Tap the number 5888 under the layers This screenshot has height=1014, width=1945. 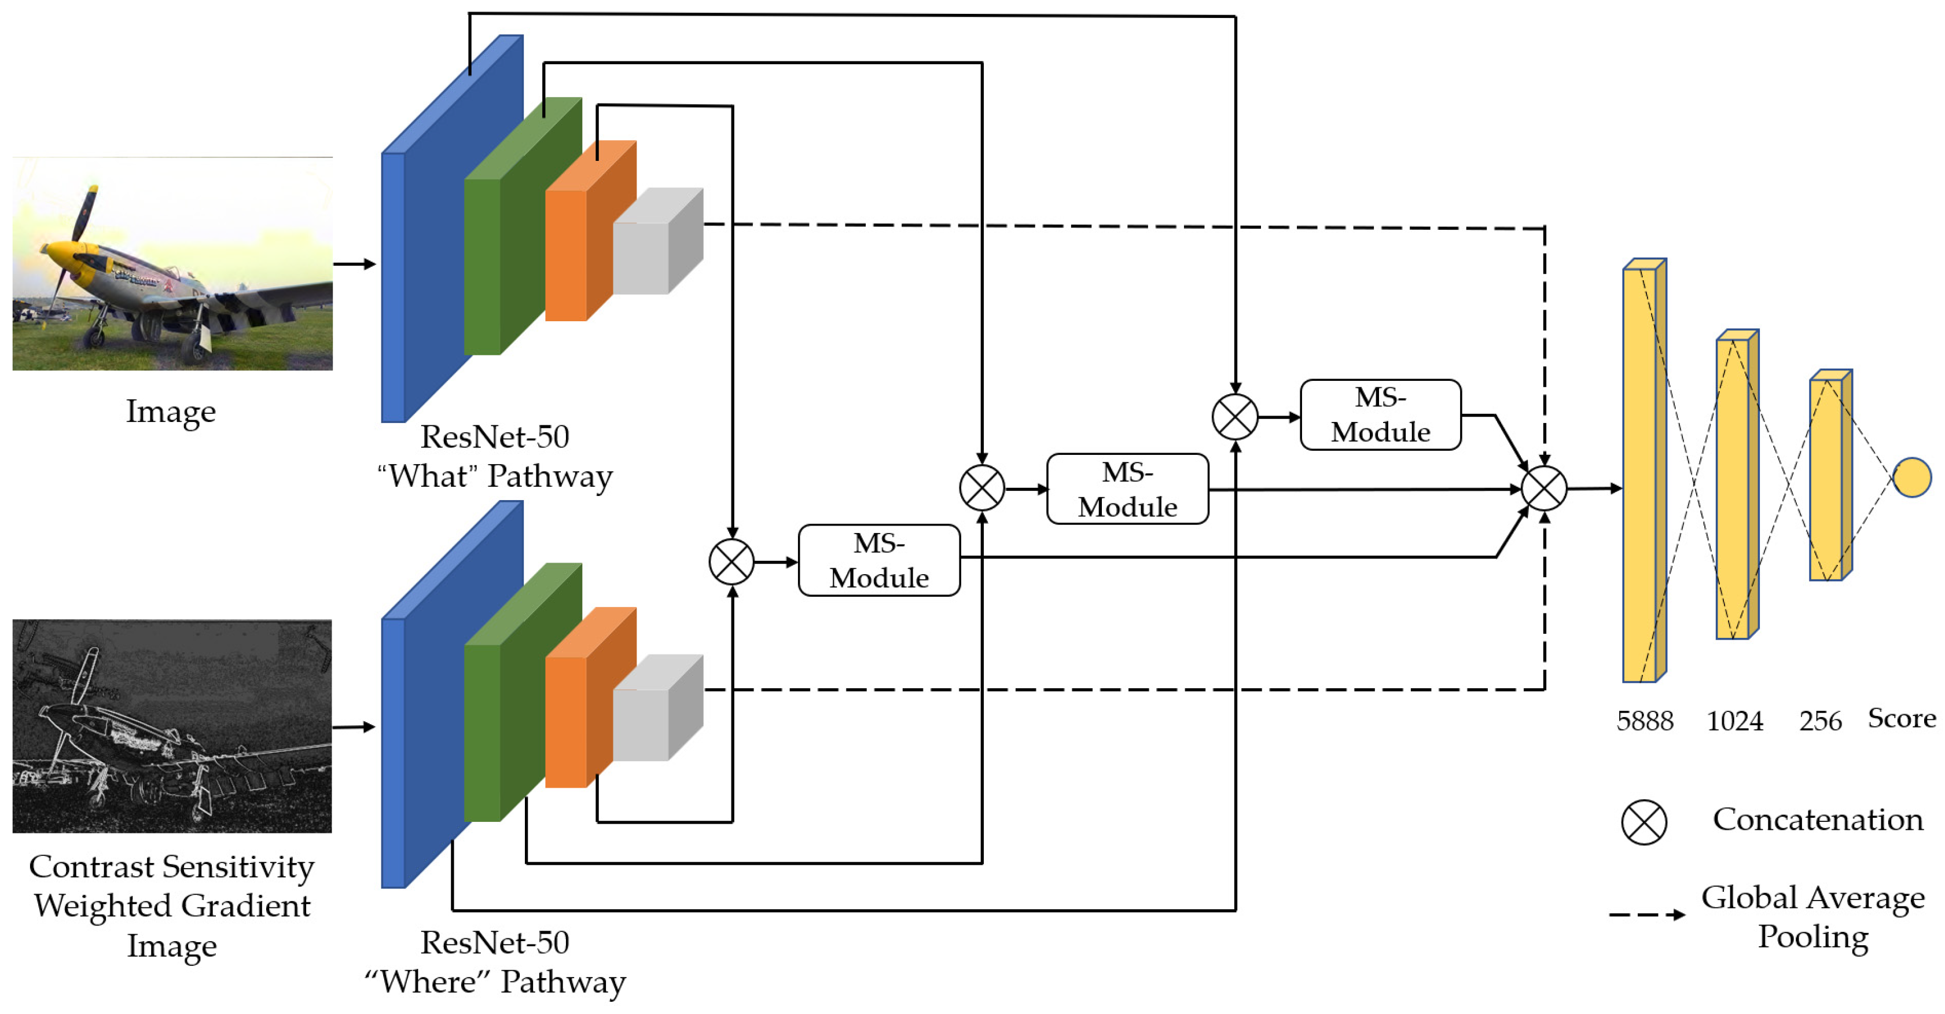tap(1645, 721)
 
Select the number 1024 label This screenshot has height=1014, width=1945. tap(1734, 721)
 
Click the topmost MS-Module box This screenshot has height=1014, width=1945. tap(1380, 414)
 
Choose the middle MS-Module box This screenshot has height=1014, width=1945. tap(1127, 488)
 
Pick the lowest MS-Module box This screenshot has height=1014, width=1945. tap(879, 560)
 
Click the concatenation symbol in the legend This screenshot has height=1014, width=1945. tap(1643, 822)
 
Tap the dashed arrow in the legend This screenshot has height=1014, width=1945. tap(1646, 914)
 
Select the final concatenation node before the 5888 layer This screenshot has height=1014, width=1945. tap(1544, 488)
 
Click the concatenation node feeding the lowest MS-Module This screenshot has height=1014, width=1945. tap(731, 562)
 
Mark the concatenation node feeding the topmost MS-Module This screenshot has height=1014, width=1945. tap(1234, 416)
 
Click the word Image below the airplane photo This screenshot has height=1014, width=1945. tap(171, 412)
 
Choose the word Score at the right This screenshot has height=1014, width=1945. tap(1901, 718)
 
